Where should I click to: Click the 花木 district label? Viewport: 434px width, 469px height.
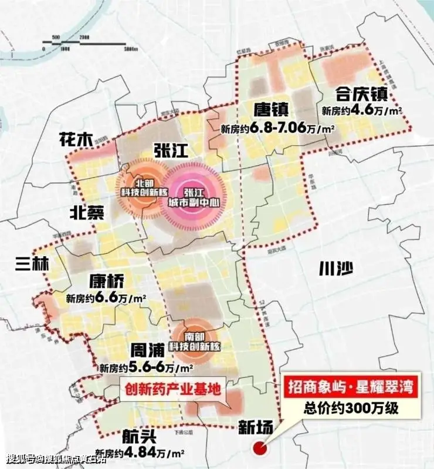pos(76,140)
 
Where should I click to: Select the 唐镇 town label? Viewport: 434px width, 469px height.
pos(270,110)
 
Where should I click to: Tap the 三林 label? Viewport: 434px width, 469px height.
pos(33,264)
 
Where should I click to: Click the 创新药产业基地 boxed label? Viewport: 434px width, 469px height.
pos(172,388)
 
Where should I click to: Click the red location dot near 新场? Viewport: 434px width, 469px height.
pos(259,450)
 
